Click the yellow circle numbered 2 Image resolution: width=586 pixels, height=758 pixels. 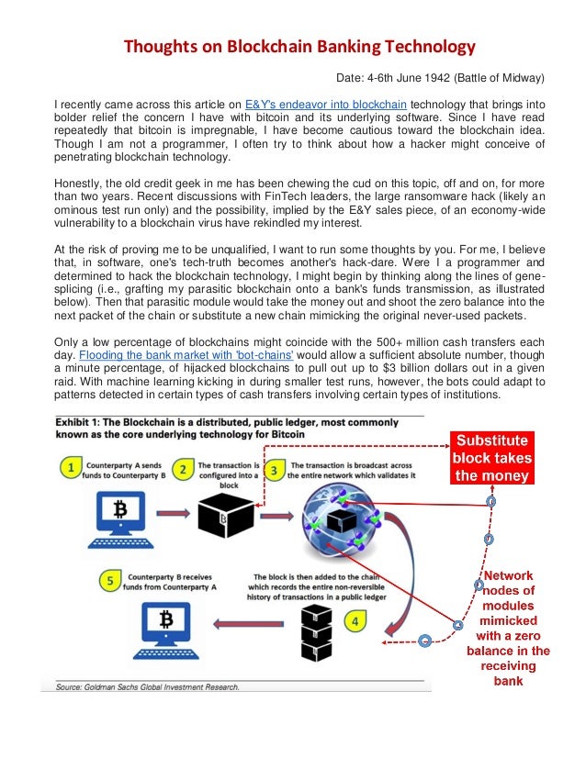(x=182, y=469)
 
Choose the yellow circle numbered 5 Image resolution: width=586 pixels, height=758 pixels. (x=108, y=580)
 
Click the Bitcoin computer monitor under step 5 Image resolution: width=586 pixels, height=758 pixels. (x=165, y=629)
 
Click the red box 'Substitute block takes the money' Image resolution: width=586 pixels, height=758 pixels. (x=490, y=456)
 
